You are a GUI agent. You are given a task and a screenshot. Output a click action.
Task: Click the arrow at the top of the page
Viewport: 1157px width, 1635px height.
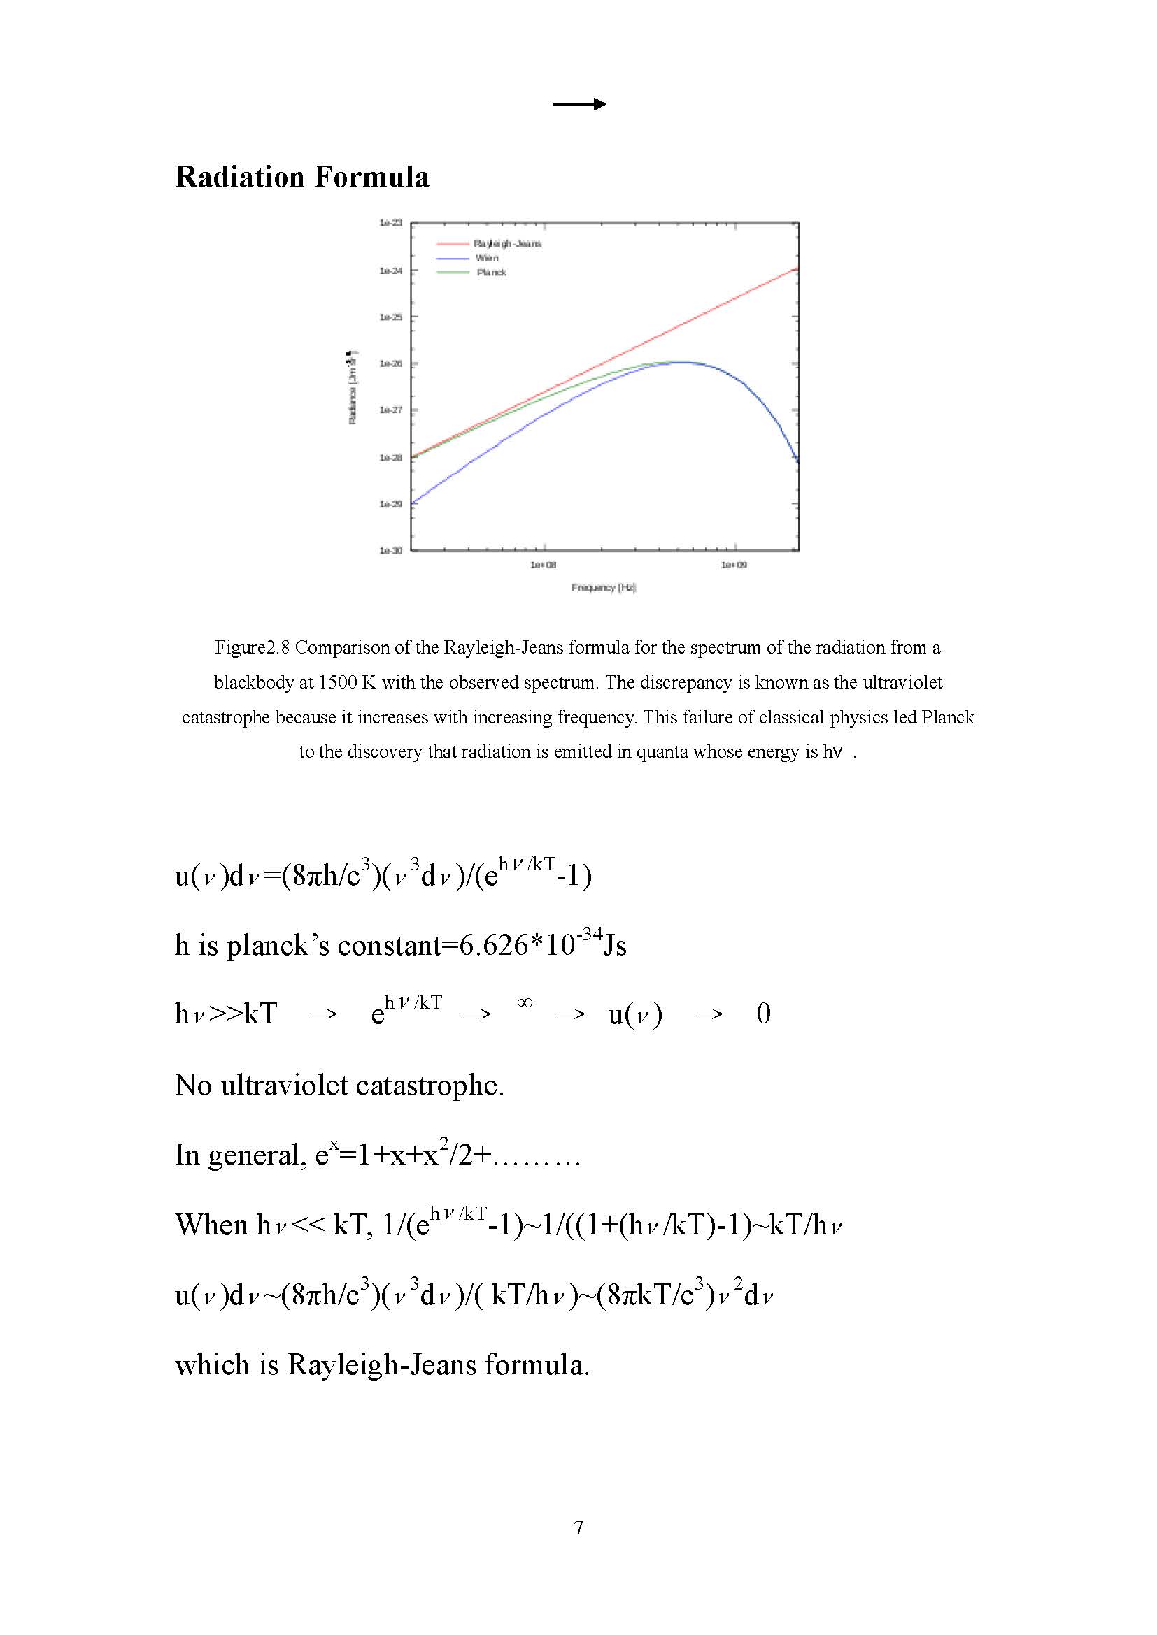tap(579, 104)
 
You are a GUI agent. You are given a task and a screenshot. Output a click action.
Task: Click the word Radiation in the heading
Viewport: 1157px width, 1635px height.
tap(239, 178)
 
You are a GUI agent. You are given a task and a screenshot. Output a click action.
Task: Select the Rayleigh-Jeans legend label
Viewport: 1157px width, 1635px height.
tap(507, 243)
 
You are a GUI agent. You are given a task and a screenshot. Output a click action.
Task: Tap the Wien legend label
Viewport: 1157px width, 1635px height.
tap(487, 258)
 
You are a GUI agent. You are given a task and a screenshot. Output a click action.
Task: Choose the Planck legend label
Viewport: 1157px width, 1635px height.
tap(491, 272)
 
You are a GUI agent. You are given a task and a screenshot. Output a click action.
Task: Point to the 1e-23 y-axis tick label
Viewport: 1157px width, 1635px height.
tap(390, 223)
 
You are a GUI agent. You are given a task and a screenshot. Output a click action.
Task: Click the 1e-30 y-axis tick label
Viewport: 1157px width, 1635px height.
tap(390, 550)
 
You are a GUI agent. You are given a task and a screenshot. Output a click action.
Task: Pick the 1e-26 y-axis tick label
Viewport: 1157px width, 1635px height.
tap(390, 363)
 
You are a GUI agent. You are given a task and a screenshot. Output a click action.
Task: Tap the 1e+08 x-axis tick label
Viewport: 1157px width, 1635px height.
tap(543, 565)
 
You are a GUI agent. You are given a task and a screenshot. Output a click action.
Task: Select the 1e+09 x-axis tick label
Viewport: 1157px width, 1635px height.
tap(734, 565)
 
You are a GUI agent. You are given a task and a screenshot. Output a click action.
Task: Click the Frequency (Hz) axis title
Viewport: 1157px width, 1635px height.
tap(603, 587)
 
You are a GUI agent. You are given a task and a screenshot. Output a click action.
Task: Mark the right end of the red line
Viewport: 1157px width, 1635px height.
tap(797, 268)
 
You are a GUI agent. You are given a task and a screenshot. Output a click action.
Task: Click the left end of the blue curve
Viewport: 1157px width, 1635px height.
tap(413, 503)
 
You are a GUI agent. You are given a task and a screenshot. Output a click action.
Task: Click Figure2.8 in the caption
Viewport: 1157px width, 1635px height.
tap(253, 647)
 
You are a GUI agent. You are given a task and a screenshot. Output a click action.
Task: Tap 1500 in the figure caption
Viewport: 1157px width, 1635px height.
tap(338, 682)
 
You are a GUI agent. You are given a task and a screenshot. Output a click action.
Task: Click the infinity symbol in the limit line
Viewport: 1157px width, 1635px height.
tap(525, 1002)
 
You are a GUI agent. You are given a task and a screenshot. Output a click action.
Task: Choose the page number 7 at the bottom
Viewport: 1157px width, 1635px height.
tap(578, 1527)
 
